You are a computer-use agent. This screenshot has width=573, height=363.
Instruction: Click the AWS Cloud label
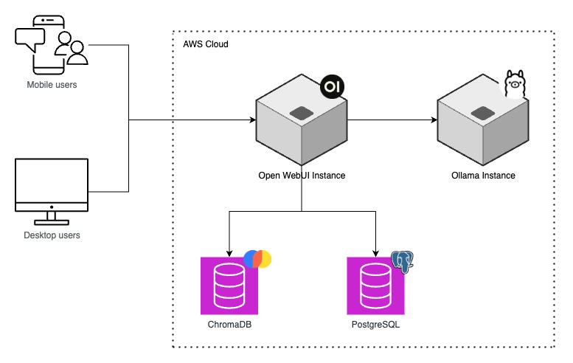pyautogui.click(x=206, y=44)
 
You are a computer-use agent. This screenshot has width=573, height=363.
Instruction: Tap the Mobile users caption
pyautogui.click(x=52, y=85)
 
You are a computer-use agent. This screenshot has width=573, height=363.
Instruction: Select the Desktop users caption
pyautogui.click(x=52, y=235)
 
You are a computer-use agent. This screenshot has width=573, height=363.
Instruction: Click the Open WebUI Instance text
pyautogui.click(x=302, y=176)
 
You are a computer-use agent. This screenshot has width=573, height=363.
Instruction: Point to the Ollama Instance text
pyautogui.click(x=483, y=176)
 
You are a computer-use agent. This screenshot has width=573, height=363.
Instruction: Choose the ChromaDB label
pyautogui.click(x=230, y=325)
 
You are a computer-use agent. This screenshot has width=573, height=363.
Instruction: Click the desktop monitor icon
pyautogui.click(x=52, y=190)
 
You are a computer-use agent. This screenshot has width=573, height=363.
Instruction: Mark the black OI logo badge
pyautogui.click(x=333, y=87)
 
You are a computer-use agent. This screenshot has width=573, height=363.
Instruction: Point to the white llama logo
pyautogui.click(x=514, y=85)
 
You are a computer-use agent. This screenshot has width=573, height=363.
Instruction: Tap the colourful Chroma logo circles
pyautogui.click(x=257, y=259)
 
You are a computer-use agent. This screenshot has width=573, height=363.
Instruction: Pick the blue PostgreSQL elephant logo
pyautogui.click(x=402, y=262)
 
